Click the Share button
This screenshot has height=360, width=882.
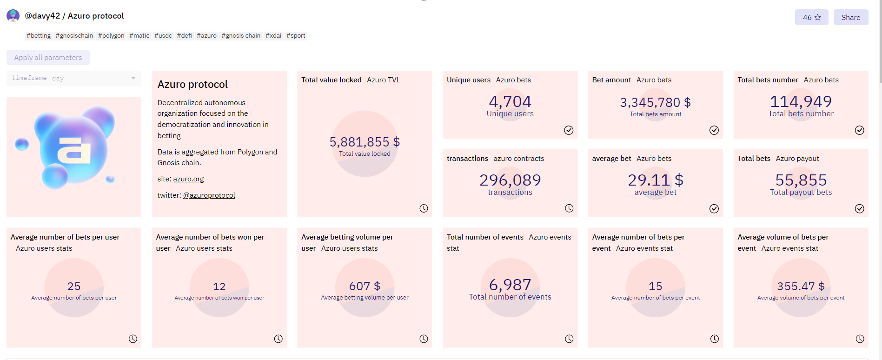tap(850, 18)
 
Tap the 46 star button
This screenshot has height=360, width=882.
tap(811, 18)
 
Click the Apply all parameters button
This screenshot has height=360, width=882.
tap(48, 58)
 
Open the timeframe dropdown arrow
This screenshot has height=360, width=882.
tap(133, 78)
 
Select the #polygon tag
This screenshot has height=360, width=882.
tap(111, 36)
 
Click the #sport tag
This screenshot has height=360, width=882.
tap(296, 36)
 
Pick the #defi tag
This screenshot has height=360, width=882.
tap(184, 36)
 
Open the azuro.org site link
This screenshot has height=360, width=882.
tap(188, 179)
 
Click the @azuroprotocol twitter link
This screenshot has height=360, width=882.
tap(209, 195)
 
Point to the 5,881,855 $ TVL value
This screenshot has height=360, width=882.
tap(365, 142)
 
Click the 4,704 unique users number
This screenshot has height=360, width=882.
tap(510, 101)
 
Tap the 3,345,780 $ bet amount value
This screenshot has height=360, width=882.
tap(655, 102)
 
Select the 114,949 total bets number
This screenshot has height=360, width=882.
tap(801, 101)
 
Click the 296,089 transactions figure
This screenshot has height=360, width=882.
tap(510, 180)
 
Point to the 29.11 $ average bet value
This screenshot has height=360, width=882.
tap(655, 180)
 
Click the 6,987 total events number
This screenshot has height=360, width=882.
tap(510, 285)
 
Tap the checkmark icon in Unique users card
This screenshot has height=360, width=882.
tap(569, 130)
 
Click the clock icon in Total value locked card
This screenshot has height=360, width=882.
tap(424, 208)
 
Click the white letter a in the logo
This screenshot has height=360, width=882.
tap(74, 151)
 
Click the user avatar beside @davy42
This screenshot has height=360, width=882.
tap(13, 16)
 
